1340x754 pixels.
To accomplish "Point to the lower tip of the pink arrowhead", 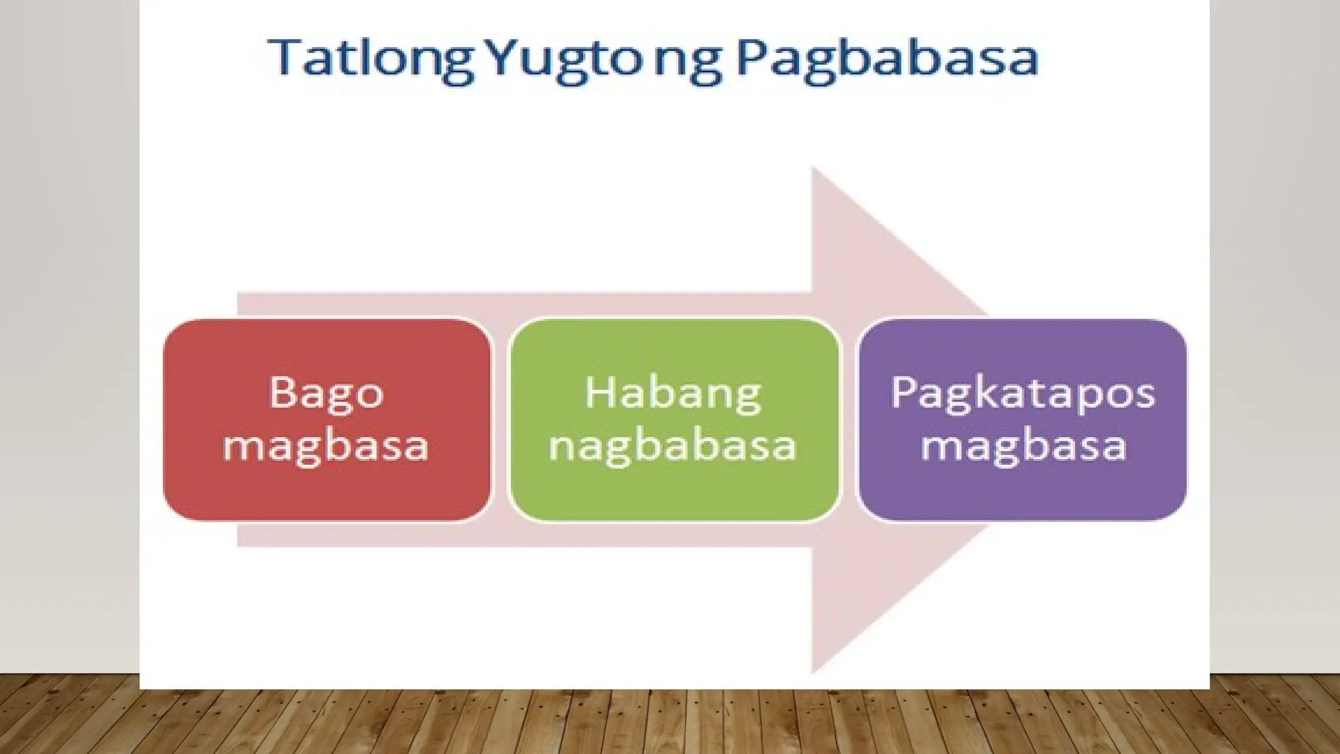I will [814, 670].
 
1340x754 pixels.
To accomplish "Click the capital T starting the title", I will [283, 58].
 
